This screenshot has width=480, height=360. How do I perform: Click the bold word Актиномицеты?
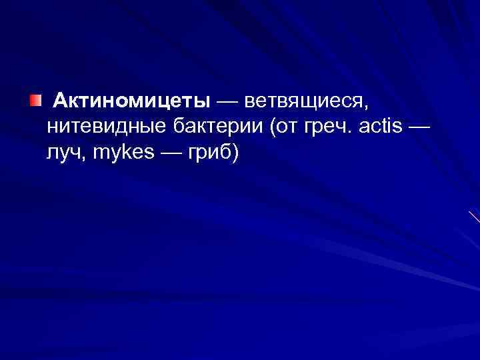132,101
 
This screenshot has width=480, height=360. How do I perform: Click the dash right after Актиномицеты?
225,102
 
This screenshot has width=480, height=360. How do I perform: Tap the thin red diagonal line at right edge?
474,217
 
